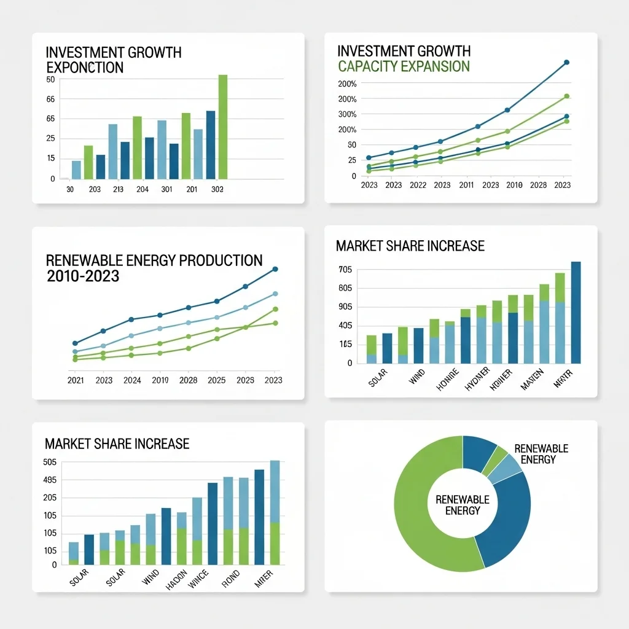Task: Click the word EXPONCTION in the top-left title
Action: pos(85,67)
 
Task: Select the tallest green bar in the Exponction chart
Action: pos(222,126)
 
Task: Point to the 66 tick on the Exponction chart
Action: pos(50,99)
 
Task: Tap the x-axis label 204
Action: pos(143,190)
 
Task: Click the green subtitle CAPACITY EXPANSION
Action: pos(404,66)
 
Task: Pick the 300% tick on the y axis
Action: pos(347,114)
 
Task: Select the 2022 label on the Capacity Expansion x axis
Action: pos(418,185)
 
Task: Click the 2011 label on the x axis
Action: pos(466,185)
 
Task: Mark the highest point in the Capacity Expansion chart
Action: pos(566,62)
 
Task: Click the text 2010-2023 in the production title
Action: pos(83,276)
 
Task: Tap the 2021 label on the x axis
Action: pos(76,380)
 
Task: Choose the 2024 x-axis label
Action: pos(132,380)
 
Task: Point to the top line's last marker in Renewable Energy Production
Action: pos(275,269)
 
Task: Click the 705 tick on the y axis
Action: pos(345,270)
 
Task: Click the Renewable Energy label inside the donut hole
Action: pos(462,505)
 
